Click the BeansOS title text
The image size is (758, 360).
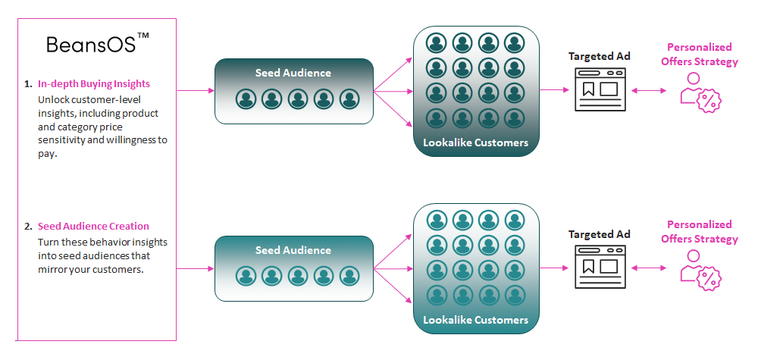[91, 45]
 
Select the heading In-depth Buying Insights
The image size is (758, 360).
[94, 84]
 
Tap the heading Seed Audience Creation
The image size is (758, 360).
[93, 226]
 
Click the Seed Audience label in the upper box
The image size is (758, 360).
[293, 73]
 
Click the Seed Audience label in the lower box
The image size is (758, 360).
[293, 250]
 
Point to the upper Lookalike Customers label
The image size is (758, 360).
[475, 142]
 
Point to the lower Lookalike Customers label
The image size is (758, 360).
[475, 320]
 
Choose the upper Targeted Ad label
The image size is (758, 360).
[600, 57]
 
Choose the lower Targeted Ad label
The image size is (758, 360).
[600, 234]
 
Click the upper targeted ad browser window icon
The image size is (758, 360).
[600, 89]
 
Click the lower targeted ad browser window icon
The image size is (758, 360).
[600, 267]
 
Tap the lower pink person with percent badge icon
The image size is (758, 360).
[699, 271]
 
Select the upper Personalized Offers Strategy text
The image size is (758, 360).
[699, 55]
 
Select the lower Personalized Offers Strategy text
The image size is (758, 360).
[699, 232]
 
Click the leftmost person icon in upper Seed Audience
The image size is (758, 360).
[245, 99]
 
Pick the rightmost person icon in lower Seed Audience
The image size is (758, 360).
[349, 276]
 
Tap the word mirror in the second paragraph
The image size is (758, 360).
[53, 269]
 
